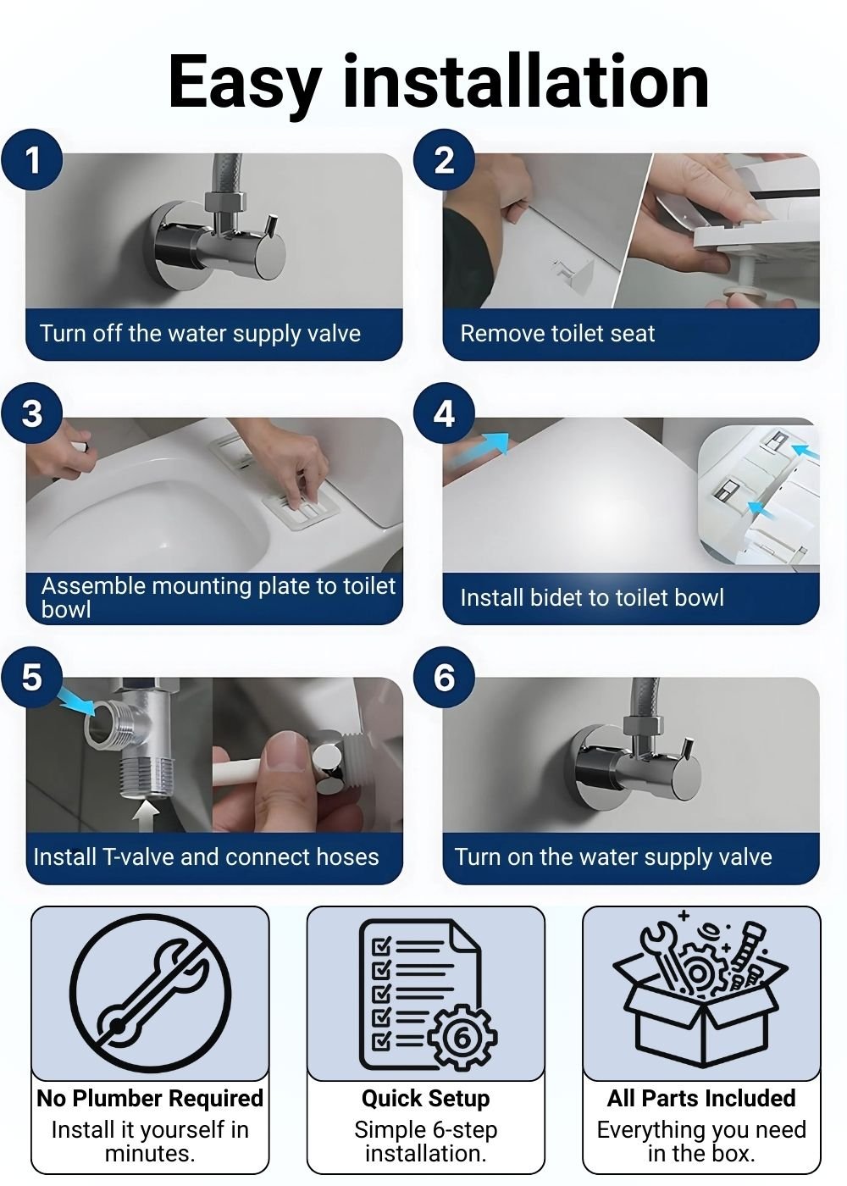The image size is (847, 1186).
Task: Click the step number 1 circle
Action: click(32, 160)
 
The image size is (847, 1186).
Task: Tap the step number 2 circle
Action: click(444, 160)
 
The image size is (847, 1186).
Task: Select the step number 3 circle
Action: click(32, 413)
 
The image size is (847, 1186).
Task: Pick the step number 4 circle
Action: click(444, 413)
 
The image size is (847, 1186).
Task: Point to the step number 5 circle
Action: click(32, 677)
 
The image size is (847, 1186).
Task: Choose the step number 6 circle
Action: click(444, 677)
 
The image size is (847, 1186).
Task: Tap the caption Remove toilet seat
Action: click(557, 334)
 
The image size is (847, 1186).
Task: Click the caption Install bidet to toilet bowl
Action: click(592, 598)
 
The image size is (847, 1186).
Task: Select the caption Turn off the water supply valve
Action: click(200, 334)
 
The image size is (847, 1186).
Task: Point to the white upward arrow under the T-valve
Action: click(146, 817)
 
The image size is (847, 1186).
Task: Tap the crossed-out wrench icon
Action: click(151, 993)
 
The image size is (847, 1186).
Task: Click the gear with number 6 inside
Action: click(462, 1039)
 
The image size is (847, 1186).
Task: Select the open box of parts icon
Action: click(700, 989)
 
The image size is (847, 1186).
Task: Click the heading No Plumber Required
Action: click(150, 1098)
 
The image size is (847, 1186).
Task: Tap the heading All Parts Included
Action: click(701, 1098)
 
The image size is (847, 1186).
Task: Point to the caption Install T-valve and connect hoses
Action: click(206, 857)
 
